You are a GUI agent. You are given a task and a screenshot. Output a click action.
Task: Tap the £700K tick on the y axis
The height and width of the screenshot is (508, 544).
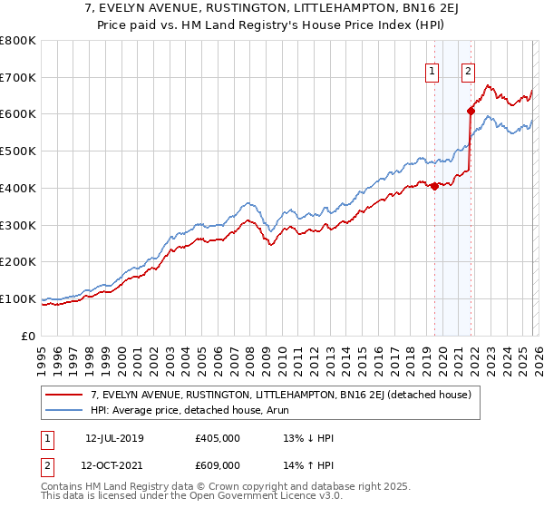pyautogui.click(x=18, y=77)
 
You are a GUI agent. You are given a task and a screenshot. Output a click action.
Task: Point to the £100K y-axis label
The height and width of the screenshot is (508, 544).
pyautogui.click(x=18, y=298)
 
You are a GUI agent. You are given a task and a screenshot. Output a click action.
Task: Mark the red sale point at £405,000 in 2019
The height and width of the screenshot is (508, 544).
pyautogui.click(x=434, y=186)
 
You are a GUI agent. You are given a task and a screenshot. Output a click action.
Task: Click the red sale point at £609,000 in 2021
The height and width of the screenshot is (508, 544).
pyautogui.click(x=471, y=112)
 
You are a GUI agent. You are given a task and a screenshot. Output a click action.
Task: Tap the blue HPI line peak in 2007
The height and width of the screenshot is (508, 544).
pyautogui.click(x=246, y=203)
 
